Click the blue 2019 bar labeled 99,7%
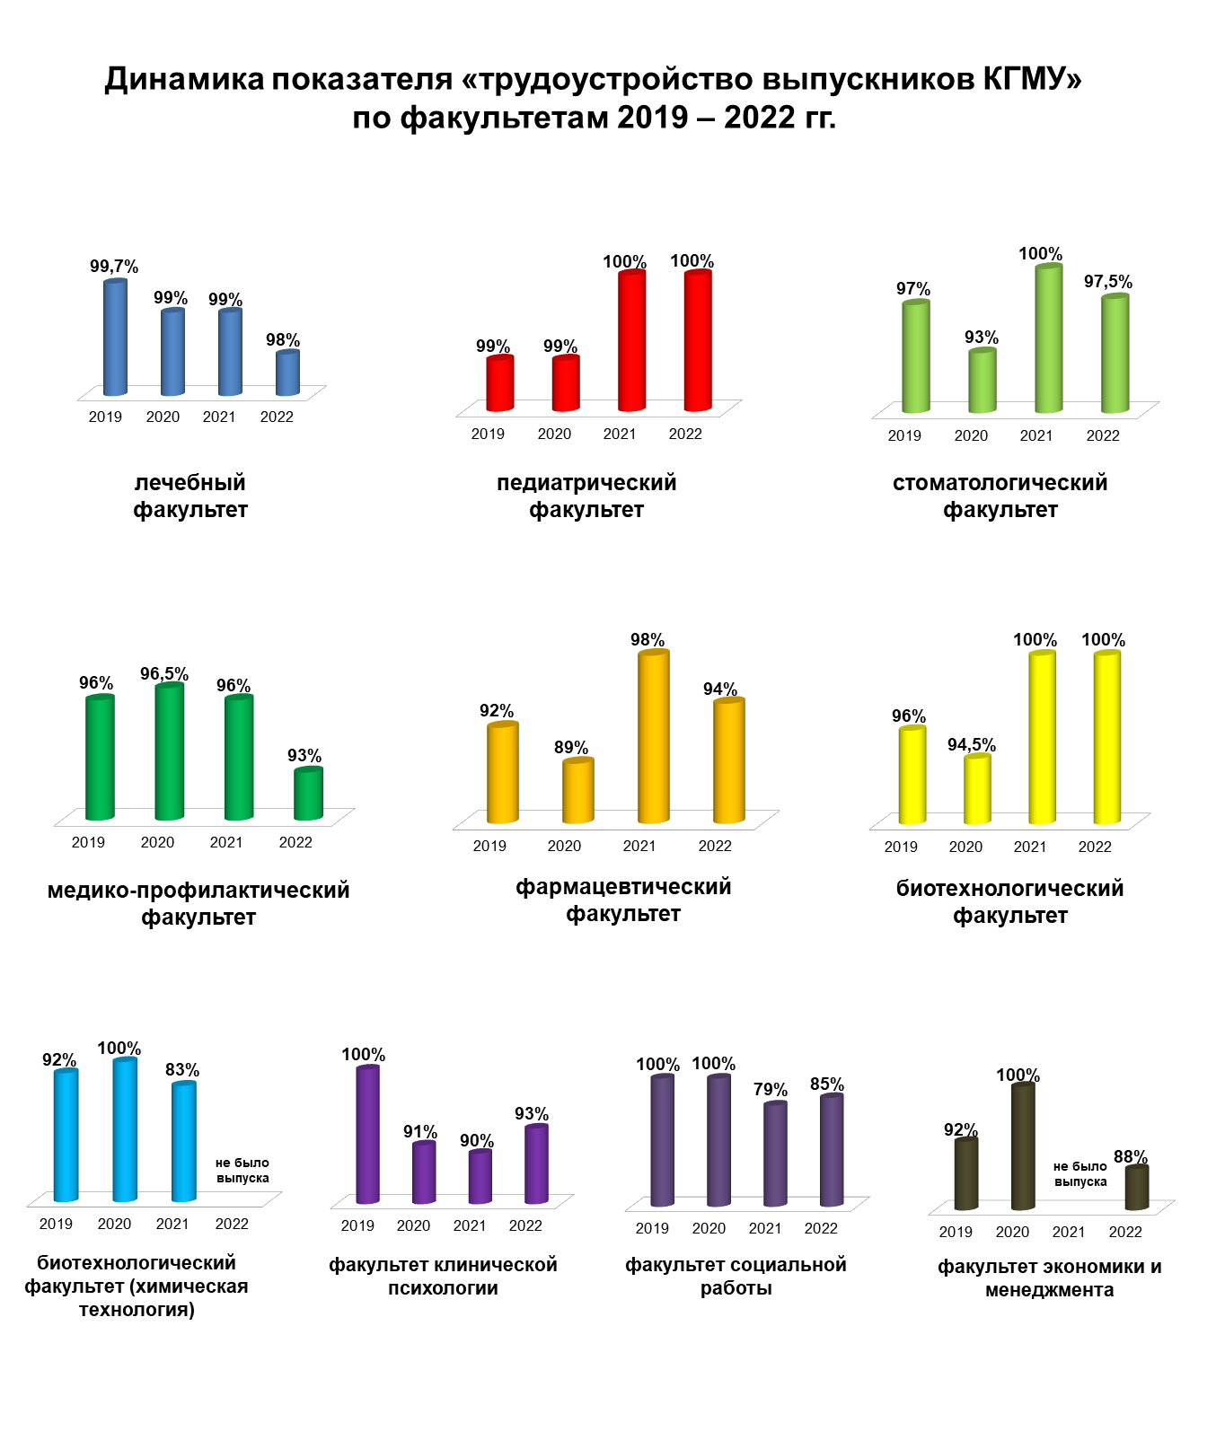pos(115,338)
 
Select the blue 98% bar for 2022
pos(287,373)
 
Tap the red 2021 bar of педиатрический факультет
pos(632,341)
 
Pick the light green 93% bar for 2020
pos(983,381)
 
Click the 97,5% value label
pos(1108,282)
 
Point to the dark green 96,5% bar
pos(170,751)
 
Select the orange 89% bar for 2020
pos(578,791)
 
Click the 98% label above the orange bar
pos(648,640)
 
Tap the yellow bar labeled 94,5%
pos(978,789)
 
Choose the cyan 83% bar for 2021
pos(184,1142)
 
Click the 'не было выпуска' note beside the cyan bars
pos(242,1171)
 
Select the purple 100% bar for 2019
pos(368,1135)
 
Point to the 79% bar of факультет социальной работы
pos(775,1154)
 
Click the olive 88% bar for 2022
pos(1137,1188)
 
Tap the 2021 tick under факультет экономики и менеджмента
pos(1069,1232)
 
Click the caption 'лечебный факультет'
pos(190,496)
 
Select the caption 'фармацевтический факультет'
pos(623,900)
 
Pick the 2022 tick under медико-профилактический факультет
pos(295,842)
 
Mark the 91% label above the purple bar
pos(420,1132)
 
